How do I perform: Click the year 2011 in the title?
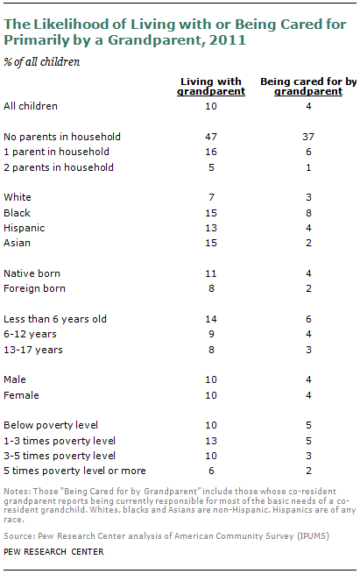(228, 40)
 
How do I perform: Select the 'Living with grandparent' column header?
(211, 87)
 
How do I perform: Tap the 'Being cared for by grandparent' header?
(308, 87)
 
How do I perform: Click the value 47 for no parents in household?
(211, 137)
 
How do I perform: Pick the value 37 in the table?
(308, 137)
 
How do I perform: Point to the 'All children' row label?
(31, 106)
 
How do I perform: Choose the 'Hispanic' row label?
(25, 228)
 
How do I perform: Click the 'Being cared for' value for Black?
(309, 213)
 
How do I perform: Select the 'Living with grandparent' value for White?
(211, 197)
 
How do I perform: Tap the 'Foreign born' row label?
(34, 288)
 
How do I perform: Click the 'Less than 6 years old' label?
(55, 319)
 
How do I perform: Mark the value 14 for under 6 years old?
(211, 319)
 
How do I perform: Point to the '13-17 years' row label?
(33, 350)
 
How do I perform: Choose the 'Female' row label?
(21, 395)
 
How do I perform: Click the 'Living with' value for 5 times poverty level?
(211, 471)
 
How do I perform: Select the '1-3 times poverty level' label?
(60, 441)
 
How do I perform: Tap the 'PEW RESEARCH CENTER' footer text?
(53, 552)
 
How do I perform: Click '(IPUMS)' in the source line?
(314, 536)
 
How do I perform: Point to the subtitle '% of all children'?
(42, 62)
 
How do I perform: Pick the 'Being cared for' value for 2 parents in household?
(309, 167)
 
